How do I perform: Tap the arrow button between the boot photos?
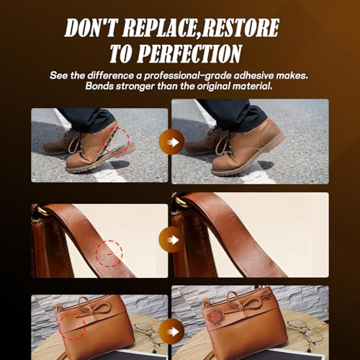tap(170, 141)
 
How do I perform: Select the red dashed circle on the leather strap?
tap(109, 252)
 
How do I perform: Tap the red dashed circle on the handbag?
tap(71, 325)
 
